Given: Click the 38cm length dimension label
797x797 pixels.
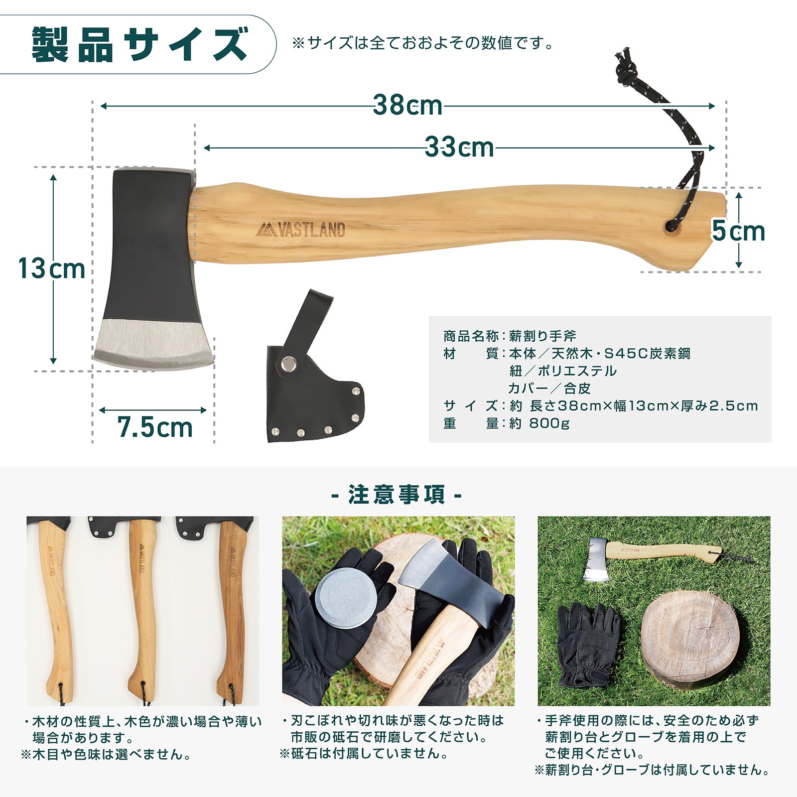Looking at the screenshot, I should point(407,105).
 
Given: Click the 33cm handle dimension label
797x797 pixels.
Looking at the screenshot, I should point(459,147).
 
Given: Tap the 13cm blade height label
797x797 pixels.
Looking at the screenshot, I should point(52,269).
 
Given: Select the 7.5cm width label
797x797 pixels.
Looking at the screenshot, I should point(154,427).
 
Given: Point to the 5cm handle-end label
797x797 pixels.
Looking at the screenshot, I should point(738,231).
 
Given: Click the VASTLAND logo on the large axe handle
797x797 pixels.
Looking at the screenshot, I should point(301,230).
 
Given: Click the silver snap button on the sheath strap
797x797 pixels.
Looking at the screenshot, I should point(287,364).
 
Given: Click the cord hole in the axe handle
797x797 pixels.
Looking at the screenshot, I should point(670,226).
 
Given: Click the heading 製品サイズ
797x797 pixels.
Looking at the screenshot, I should point(139,45).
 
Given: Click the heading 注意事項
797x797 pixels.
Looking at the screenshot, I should point(397,495).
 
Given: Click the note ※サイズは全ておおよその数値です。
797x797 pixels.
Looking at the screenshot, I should point(422,43).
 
